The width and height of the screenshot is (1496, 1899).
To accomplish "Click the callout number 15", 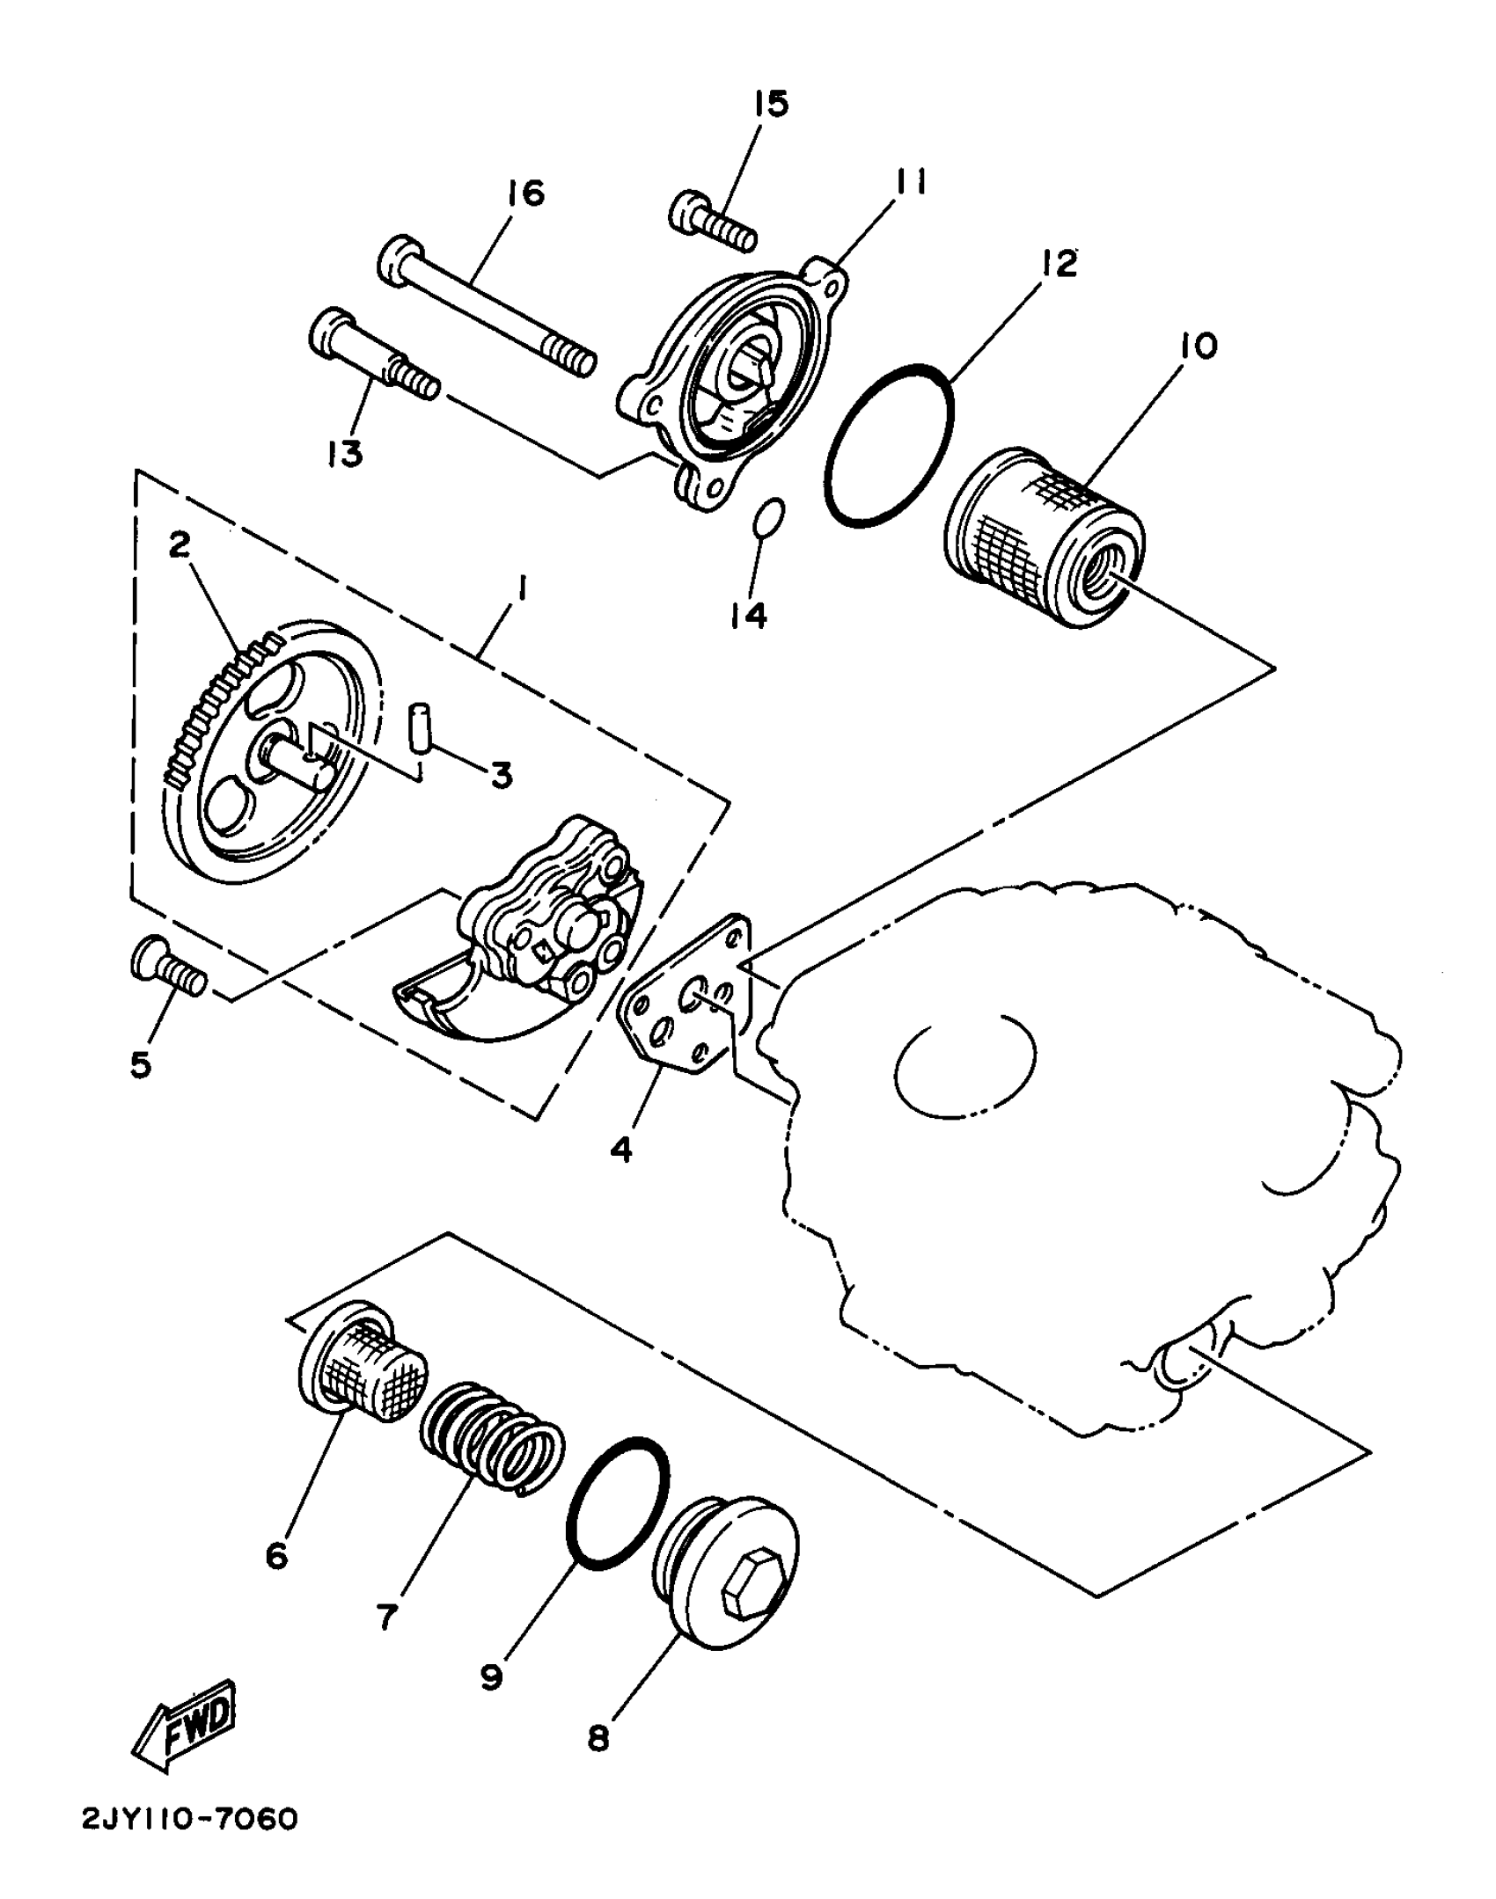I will (x=771, y=104).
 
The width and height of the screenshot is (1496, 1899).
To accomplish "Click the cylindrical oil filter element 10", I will (x=1044, y=538).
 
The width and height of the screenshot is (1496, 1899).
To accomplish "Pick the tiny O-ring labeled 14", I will (x=768, y=518).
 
